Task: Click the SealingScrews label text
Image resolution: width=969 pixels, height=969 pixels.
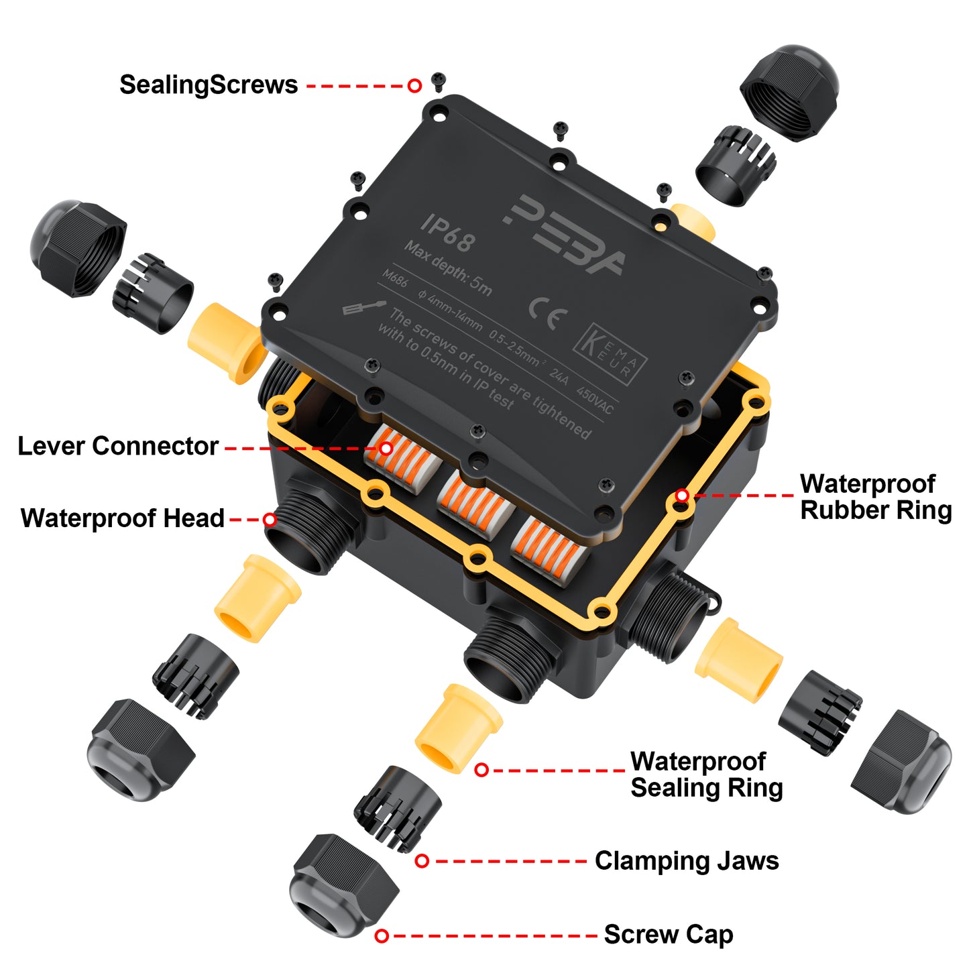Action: tap(209, 85)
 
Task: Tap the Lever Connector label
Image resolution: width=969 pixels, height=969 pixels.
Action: tap(118, 447)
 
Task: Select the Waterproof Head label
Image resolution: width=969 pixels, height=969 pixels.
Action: tap(123, 518)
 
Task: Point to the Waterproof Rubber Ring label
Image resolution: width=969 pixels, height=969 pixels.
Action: tap(875, 497)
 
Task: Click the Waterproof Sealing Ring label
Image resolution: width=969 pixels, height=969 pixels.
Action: tap(706, 775)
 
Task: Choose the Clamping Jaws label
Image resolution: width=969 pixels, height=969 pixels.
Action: tap(687, 861)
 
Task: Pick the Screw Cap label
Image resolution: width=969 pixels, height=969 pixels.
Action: tap(669, 935)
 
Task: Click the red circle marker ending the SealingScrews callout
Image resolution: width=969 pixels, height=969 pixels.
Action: tap(414, 85)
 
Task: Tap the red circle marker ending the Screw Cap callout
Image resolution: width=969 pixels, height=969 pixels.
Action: tap(382, 935)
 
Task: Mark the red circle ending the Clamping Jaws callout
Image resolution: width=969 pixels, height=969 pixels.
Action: tap(422, 861)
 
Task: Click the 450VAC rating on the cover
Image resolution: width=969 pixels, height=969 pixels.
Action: tap(595, 401)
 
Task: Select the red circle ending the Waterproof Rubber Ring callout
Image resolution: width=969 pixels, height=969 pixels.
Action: tap(682, 496)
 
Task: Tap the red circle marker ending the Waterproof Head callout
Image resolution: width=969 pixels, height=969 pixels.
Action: tap(270, 520)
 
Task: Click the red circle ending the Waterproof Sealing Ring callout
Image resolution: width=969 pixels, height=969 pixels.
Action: tap(481, 770)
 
